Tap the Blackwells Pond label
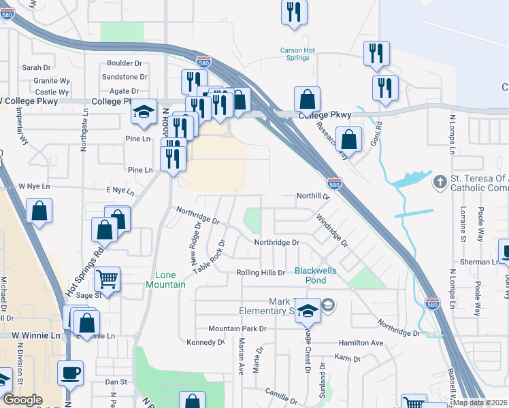tap(315, 275)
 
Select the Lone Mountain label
tap(166, 279)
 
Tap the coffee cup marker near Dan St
tap(70, 373)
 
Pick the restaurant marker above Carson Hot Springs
tap(294, 12)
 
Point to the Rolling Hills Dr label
tap(261, 273)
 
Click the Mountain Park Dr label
tap(237, 328)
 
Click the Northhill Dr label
tap(312, 196)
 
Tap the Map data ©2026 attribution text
tap(480, 403)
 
